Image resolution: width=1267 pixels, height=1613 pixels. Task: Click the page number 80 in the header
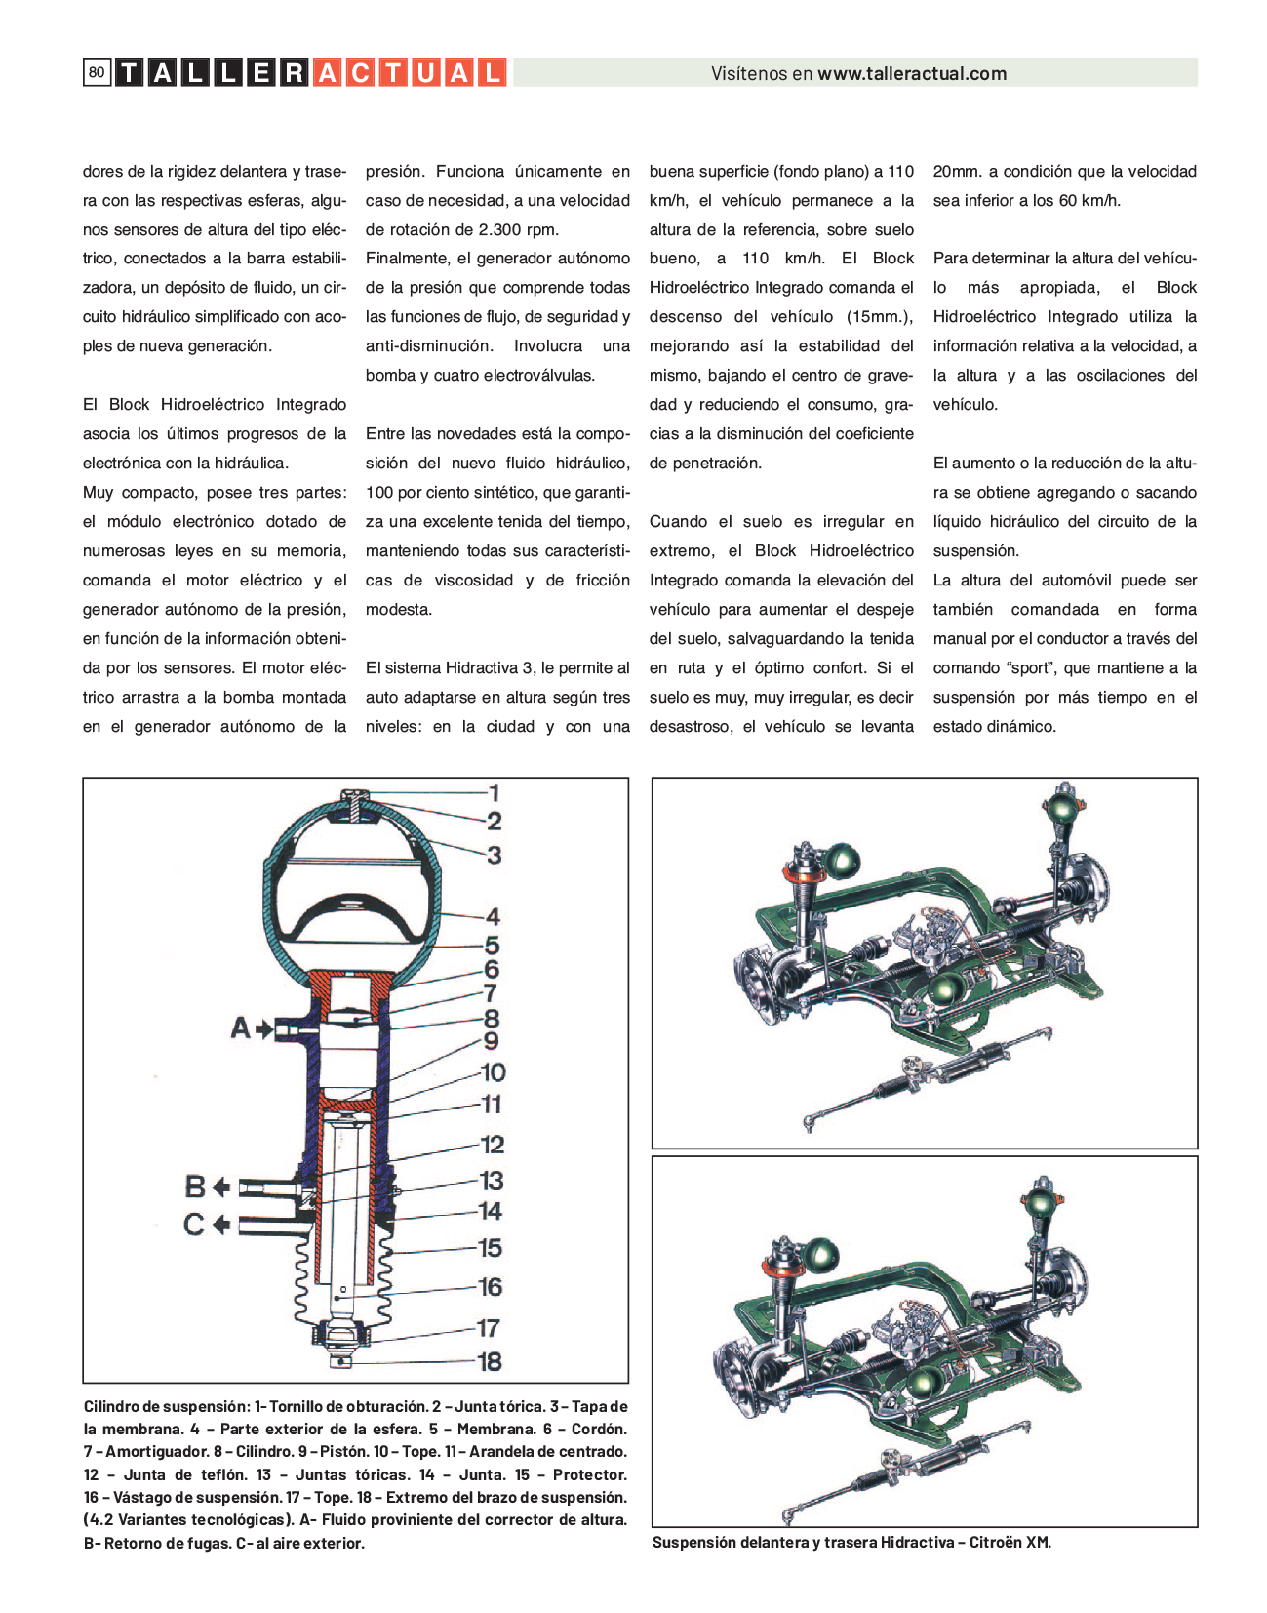click(x=97, y=72)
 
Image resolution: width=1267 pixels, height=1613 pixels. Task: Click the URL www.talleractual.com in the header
click(x=912, y=73)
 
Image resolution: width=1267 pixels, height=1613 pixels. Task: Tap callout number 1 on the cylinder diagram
click(x=494, y=792)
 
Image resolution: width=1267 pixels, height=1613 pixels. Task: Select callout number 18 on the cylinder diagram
click(x=490, y=1361)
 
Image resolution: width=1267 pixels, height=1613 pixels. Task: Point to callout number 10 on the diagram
click(x=493, y=1071)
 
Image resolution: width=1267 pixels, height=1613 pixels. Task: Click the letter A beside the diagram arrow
click(x=240, y=1028)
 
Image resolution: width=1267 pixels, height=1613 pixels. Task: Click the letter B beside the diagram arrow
click(x=194, y=1187)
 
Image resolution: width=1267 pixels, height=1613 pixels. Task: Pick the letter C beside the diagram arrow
click(x=194, y=1224)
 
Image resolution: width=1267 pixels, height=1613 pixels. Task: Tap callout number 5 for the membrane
click(x=493, y=946)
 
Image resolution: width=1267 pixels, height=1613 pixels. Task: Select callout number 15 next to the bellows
click(x=490, y=1248)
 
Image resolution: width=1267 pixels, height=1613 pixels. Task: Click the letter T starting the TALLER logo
click(x=128, y=72)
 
